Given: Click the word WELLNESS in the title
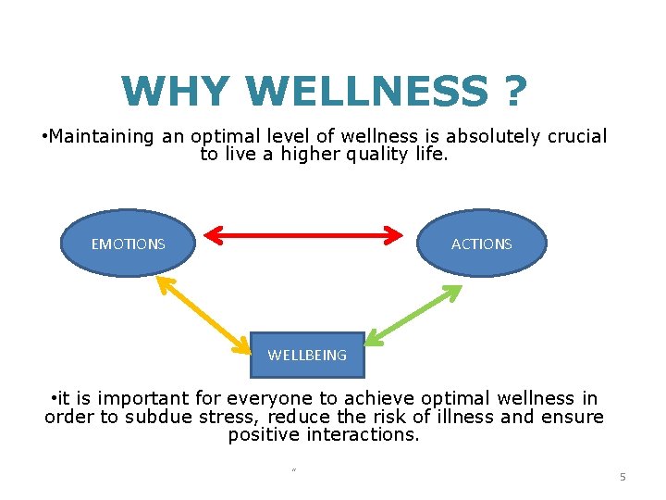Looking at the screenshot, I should (x=366, y=91).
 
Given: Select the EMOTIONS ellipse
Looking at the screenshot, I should (x=128, y=244).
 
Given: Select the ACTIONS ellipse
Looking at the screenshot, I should (x=481, y=244).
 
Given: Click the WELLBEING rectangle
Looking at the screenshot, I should (x=307, y=355).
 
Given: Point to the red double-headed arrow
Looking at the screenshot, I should (x=303, y=235).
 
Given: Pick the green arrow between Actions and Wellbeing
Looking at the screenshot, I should (x=413, y=315).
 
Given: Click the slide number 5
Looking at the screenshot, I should (x=623, y=477).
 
